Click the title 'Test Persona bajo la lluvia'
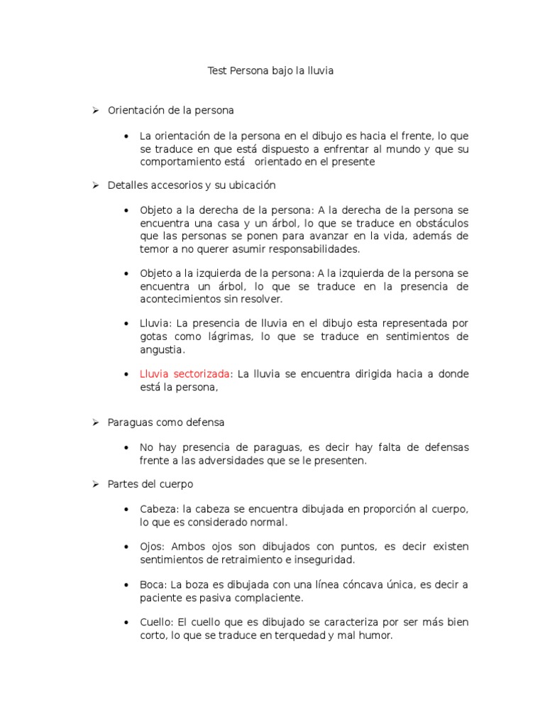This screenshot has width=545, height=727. pyautogui.click(x=270, y=71)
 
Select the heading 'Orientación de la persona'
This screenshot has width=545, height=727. pyautogui.click(x=170, y=110)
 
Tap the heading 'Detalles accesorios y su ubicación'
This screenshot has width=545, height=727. pyautogui.click(x=192, y=185)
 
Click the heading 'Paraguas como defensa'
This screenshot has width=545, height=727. pyautogui.click(x=166, y=422)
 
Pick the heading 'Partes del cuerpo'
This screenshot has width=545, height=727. pyautogui.click(x=150, y=484)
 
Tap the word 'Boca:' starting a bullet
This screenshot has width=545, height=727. pyautogui.click(x=153, y=585)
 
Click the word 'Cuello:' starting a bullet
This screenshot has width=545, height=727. pyautogui.click(x=157, y=623)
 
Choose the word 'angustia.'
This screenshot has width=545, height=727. pyautogui.click(x=162, y=349)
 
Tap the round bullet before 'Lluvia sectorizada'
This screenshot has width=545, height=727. pyautogui.click(x=126, y=374)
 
